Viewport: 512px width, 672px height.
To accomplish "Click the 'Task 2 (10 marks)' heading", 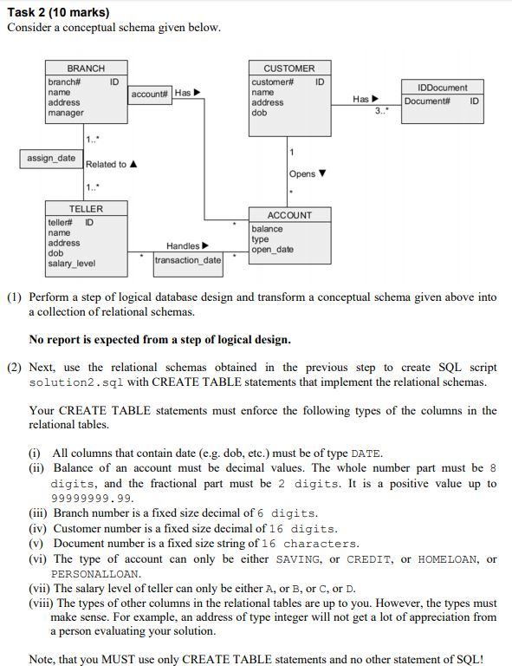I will click(x=57, y=12).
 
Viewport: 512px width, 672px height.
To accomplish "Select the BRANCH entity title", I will click(x=86, y=68).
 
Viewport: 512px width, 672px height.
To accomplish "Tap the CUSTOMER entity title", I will click(x=289, y=68).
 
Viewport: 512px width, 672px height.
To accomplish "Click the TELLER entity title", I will click(x=86, y=209).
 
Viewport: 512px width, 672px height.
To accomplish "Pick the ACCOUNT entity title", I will click(x=289, y=215).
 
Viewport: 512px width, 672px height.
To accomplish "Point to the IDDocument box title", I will click(x=442, y=88).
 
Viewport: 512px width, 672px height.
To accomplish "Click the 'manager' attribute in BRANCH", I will click(x=66, y=113).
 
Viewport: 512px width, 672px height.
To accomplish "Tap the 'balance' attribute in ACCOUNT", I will click(x=267, y=229).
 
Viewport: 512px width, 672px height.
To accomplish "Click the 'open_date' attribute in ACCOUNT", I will click(x=273, y=250).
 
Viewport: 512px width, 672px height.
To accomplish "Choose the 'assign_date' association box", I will click(x=50, y=159).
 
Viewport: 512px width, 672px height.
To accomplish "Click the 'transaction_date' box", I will click(x=188, y=260).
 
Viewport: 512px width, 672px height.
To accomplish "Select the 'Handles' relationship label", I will click(x=184, y=246).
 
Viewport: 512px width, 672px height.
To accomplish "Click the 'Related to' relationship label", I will click(x=106, y=165).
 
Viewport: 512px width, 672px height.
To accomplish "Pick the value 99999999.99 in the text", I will click(x=94, y=498).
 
